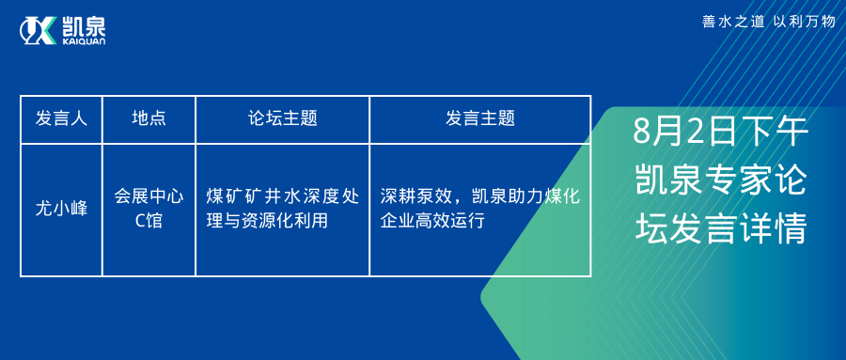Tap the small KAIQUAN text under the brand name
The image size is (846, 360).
tap(84, 41)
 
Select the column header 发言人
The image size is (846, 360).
tap(61, 119)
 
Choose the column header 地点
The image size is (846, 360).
tap(149, 119)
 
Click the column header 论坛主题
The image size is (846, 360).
tap(282, 119)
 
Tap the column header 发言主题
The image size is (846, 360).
tap(479, 119)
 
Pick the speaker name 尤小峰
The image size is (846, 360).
tap(61, 210)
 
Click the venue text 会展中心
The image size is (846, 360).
tap(149, 197)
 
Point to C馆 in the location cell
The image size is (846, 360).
tap(149, 222)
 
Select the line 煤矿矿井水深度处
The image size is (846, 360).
tap(282, 197)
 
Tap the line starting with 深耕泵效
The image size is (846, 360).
tap(479, 197)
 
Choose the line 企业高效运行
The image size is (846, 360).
tap(431, 222)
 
